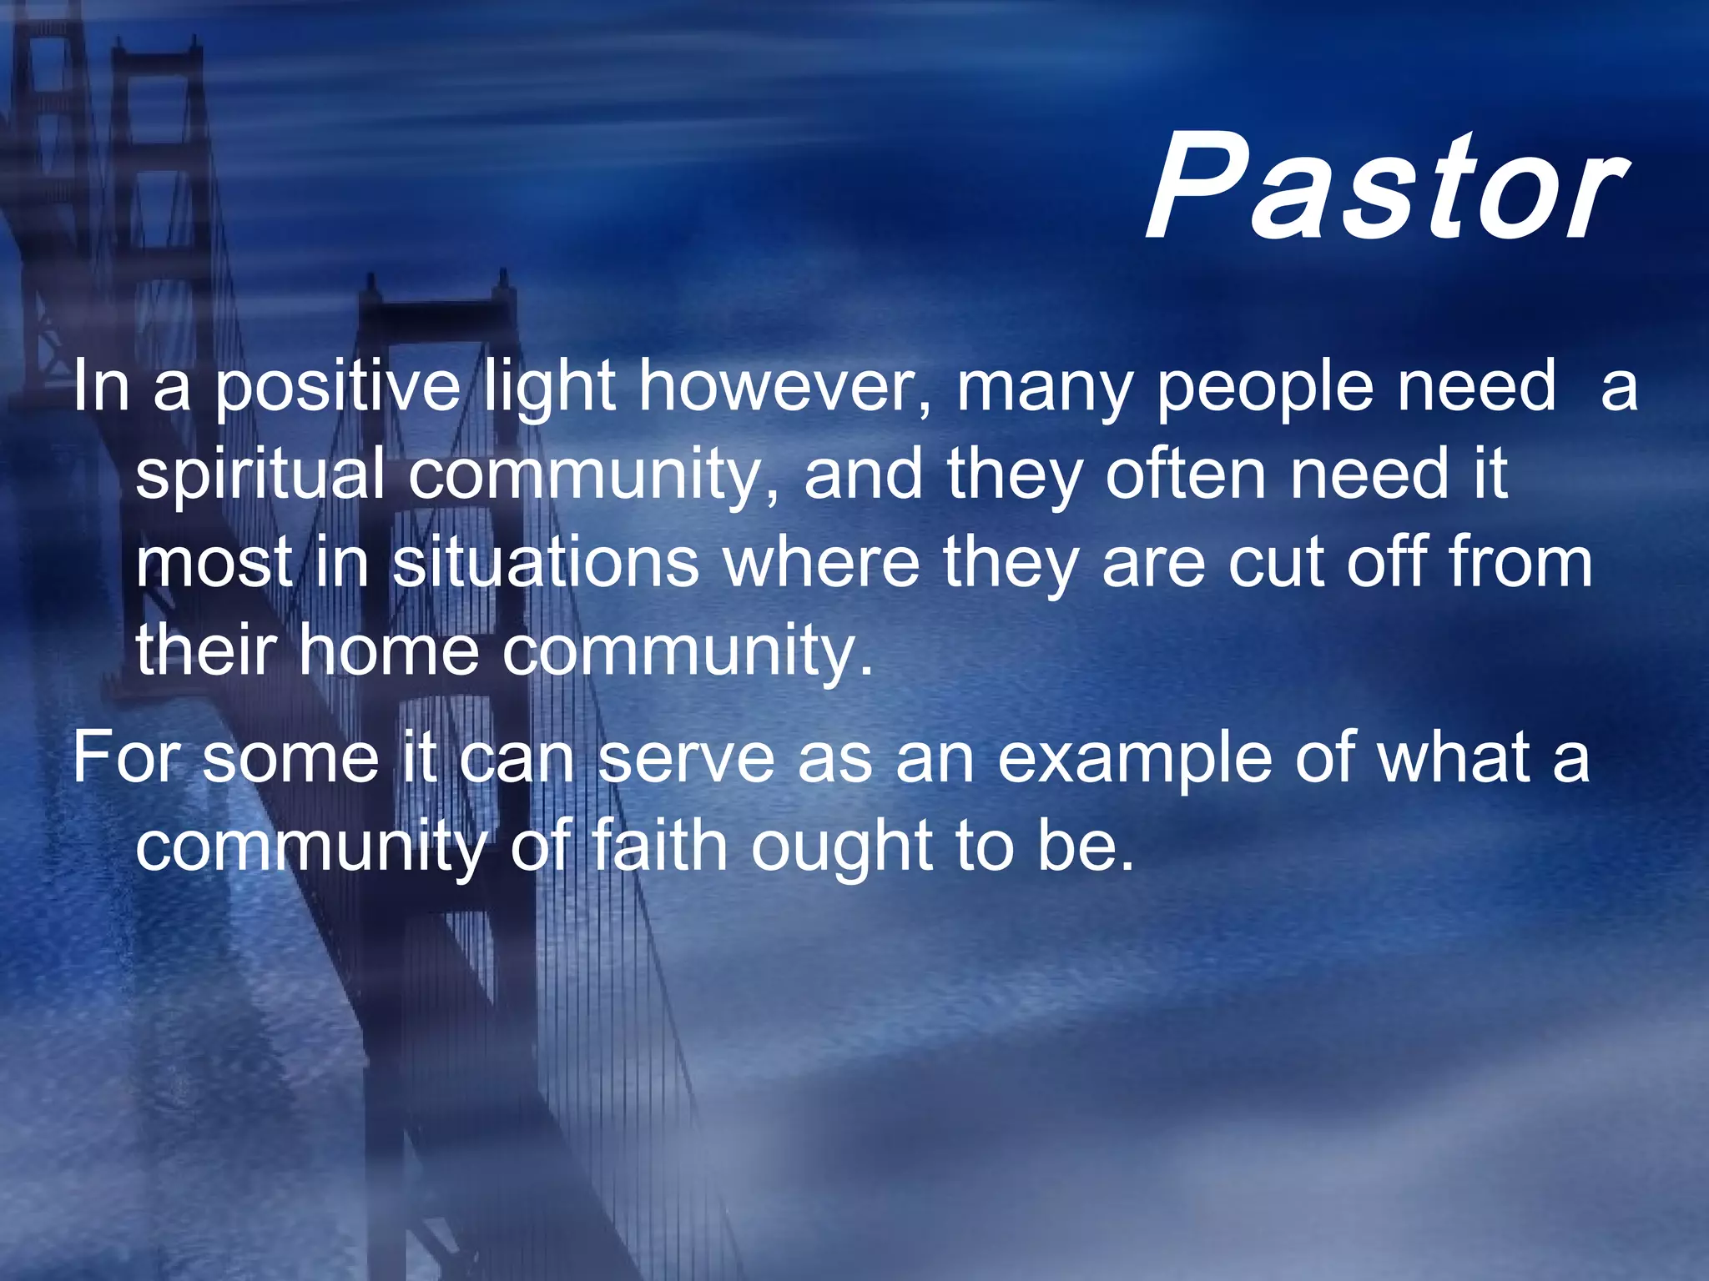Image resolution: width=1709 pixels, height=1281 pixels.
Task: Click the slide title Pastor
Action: coord(1385,188)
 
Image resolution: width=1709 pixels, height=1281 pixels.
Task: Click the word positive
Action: coord(337,388)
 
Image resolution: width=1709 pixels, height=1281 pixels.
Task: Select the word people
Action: coord(1264,388)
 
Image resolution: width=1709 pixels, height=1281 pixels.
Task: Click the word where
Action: coord(821,563)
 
